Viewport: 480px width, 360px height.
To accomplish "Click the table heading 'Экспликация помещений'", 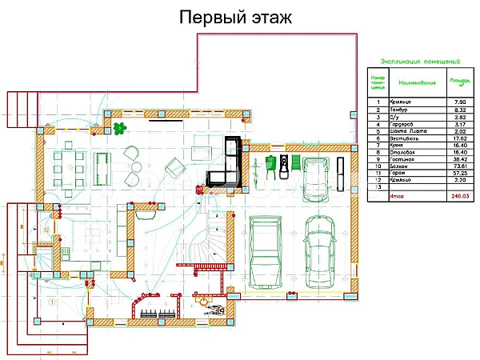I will tap(418, 61).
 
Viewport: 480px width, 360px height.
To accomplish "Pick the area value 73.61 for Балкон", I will tap(458, 167).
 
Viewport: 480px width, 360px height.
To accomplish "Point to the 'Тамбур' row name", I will tap(398, 110).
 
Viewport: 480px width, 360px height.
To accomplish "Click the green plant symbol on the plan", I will tap(119, 127).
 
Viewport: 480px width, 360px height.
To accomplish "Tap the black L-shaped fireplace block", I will tap(226, 164).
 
